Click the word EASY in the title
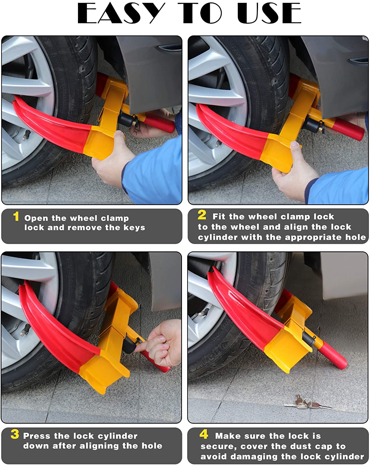121,13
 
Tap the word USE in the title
269,13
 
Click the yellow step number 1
16,216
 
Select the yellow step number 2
202,215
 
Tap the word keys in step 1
134,228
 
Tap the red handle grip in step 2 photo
348,129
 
